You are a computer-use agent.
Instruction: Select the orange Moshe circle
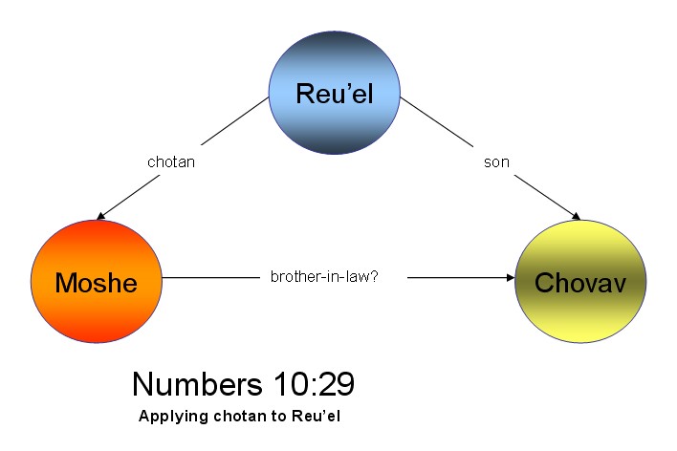(x=96, y=282)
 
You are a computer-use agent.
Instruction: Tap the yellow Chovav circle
(x=580, y=282)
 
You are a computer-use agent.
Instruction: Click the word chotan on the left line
(x=171, y=162)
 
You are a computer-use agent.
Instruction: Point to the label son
(x=496, y=162)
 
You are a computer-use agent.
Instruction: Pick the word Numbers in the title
(x=198, y=384)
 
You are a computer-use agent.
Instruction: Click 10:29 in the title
(x=312, y=384)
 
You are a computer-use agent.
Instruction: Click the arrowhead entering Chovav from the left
(x=508, y=278)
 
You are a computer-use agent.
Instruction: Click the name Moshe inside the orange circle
(x=96, y=283)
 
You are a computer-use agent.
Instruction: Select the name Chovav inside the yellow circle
(x=580, y=283)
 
